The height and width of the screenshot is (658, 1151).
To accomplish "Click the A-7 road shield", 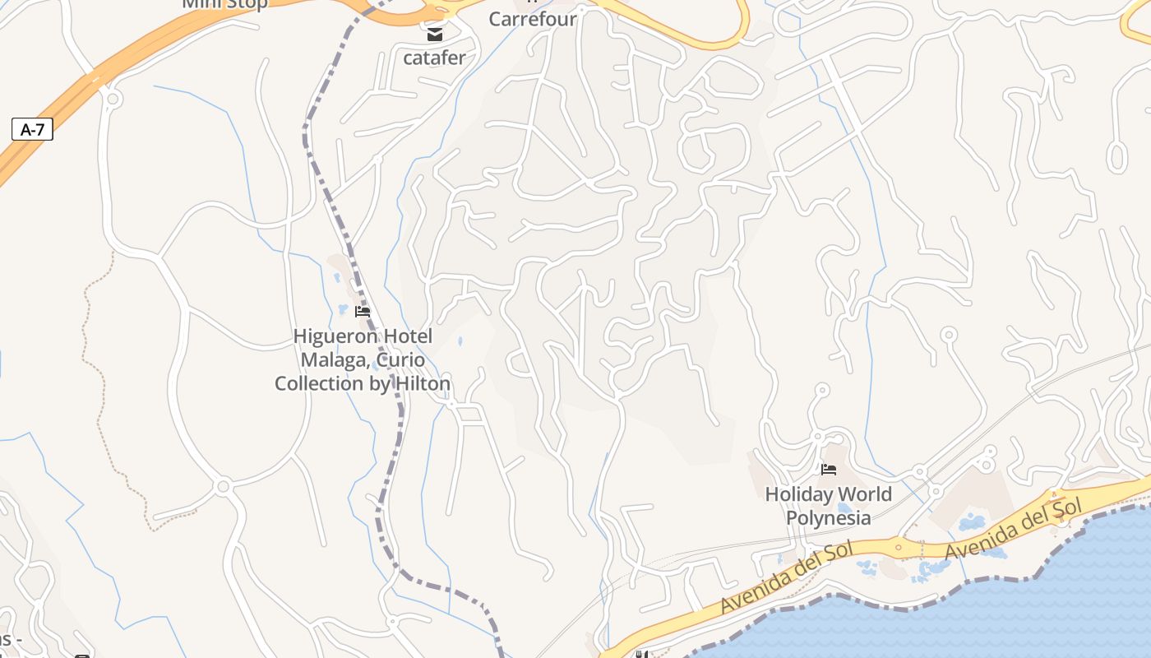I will click(x=33, y=129).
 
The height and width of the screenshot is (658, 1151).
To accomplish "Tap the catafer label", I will click(x=434, y=58).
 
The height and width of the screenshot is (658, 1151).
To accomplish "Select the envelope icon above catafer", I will click(x=434, y=35).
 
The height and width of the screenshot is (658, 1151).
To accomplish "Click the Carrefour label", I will click(x=533, y=18).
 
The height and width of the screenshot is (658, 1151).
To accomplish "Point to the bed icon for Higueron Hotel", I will click(x=363, y=312).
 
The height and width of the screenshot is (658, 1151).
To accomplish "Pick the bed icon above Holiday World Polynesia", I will click(x=829, y=470).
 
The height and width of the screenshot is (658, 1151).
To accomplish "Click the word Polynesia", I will click(x=828, y=517).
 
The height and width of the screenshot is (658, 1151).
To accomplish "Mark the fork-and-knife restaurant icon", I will click(x=642, y=655).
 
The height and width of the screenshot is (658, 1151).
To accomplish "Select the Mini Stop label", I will click(x=224, y=4).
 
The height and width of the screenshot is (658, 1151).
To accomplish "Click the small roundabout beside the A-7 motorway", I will click(x=113, y=100).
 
